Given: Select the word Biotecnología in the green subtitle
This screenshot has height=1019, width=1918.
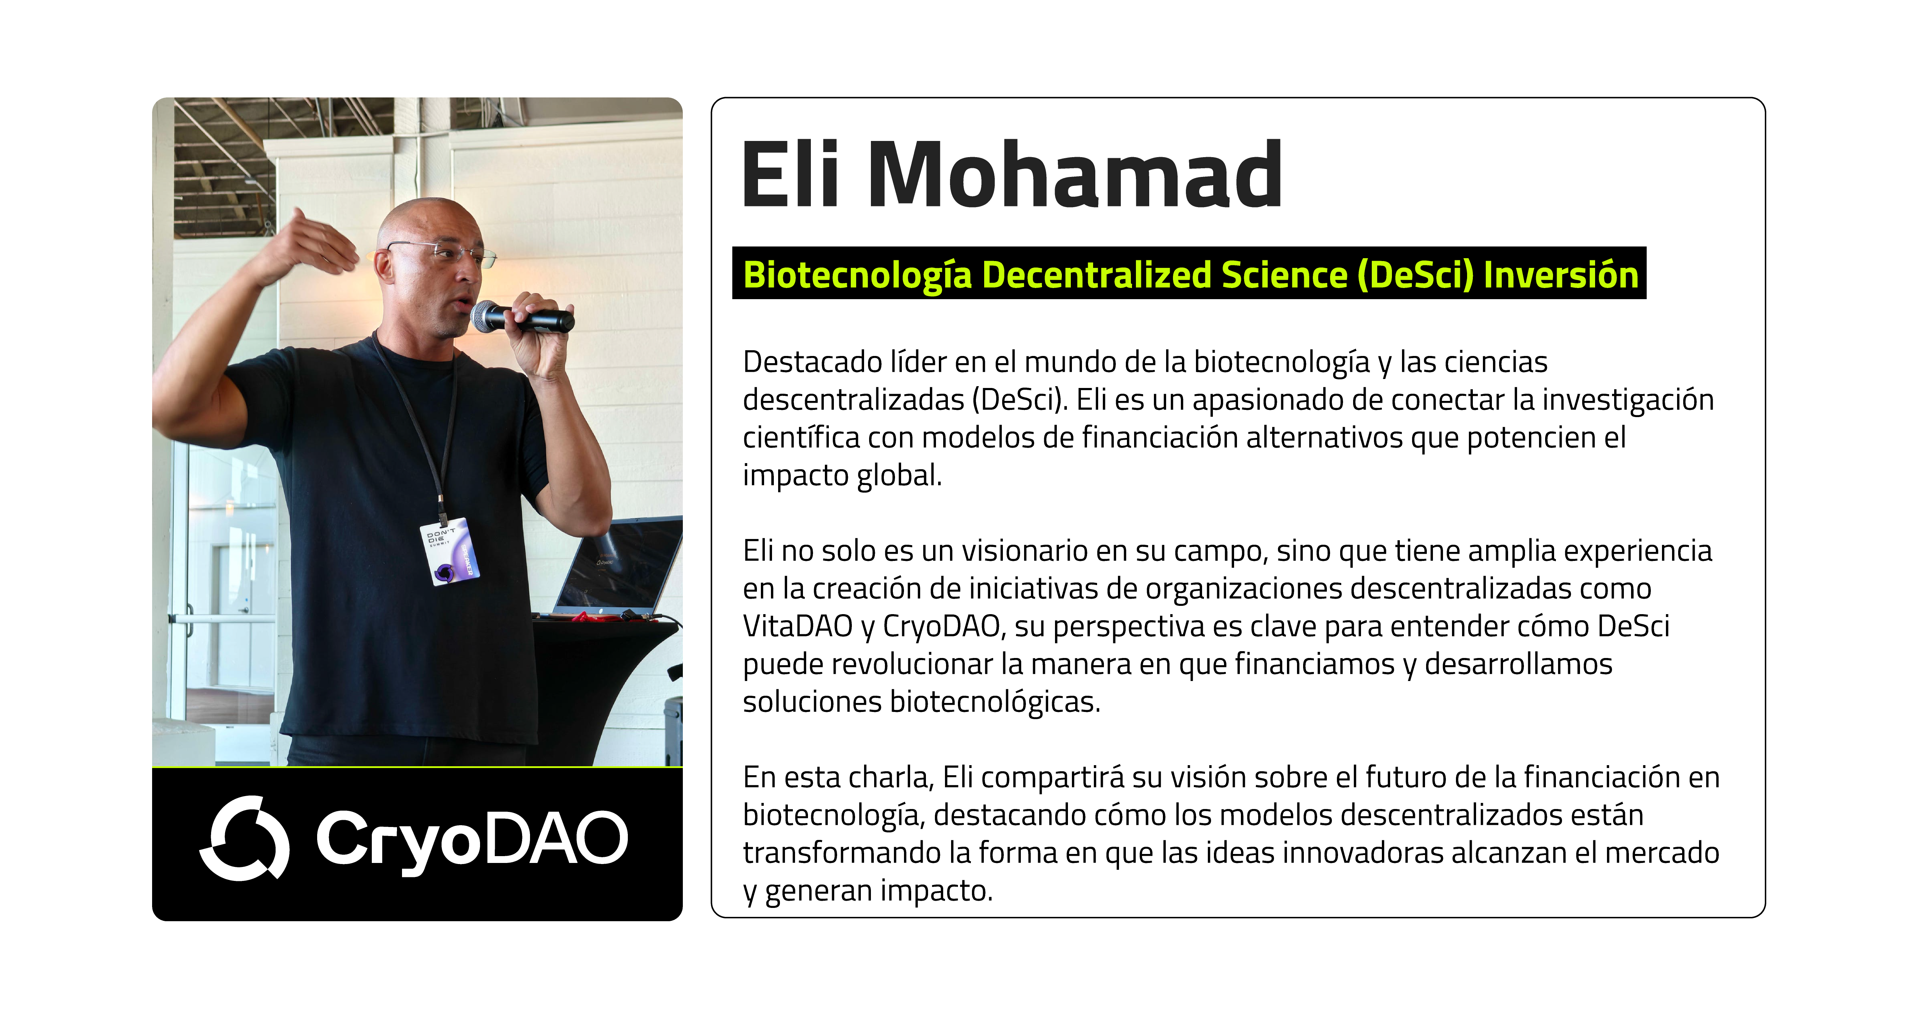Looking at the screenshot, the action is (x=858, y=275).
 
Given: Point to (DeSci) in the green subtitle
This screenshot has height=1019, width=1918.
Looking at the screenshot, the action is (x=1415, y=275).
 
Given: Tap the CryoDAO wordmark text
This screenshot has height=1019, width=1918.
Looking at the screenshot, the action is (x=472, y=840).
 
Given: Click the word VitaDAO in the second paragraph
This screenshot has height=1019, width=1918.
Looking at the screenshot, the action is (x=798, y=626).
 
